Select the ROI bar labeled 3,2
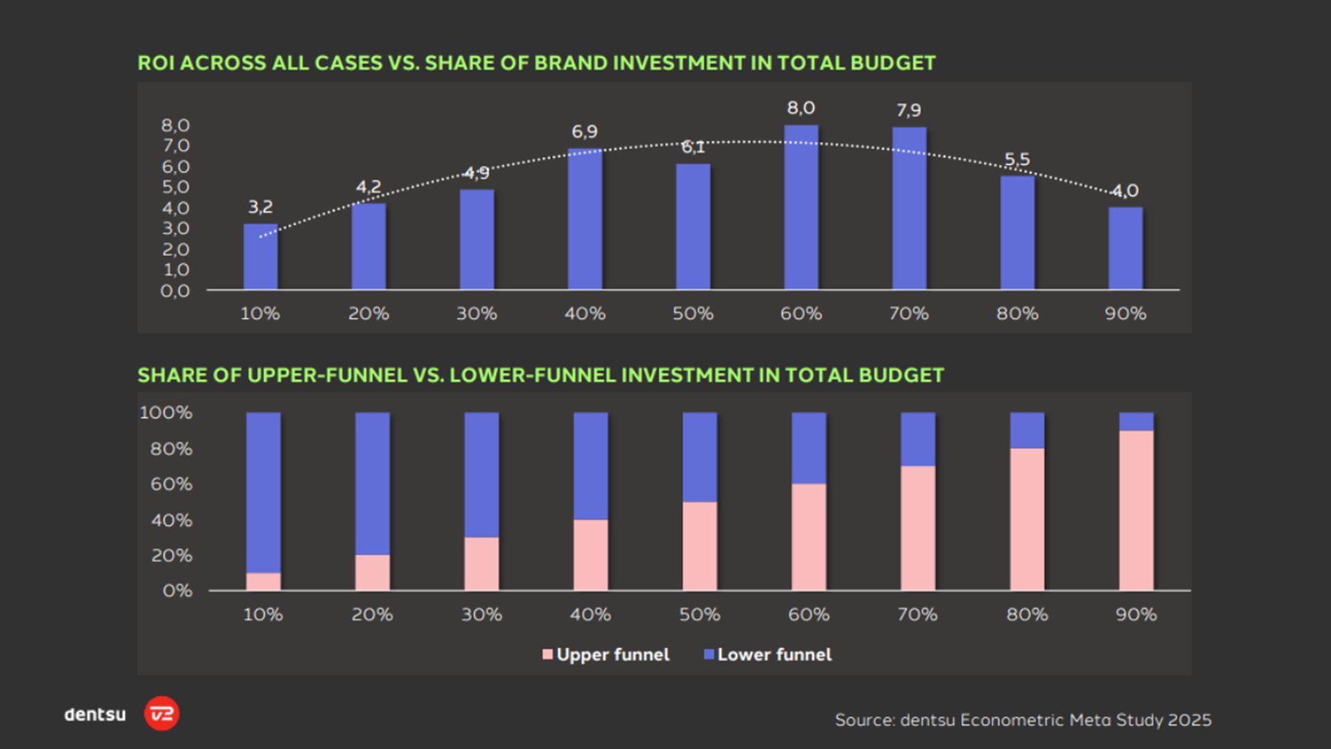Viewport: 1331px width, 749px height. [x=260, y=256]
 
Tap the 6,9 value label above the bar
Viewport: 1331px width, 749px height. [x=584, y=131]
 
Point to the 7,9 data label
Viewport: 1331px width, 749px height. [x=908, y=110]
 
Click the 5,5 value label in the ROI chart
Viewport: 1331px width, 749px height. [x=1017, y=160]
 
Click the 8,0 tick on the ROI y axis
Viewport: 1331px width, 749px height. [x=175, y=126]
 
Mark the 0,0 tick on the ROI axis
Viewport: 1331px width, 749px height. [x=175, y=291]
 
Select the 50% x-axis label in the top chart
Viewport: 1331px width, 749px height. [x=693, y=313]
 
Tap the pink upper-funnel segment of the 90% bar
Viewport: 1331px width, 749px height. [x=1136, y=510]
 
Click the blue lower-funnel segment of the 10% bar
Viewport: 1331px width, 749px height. [x=263, y=492]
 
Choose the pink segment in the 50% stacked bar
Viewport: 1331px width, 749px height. [x=699, y=546]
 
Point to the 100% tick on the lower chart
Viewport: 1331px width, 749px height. [x=166, y=413]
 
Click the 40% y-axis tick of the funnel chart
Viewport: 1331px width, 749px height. [x=172, y=520]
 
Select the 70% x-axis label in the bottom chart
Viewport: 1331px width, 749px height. [x=917, y=614]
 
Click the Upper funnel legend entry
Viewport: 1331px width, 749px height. [x=606, y=655]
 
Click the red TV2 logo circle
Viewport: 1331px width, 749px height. [x=162, y=714]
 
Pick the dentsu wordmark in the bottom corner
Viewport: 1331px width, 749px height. [x=95, y=714]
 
